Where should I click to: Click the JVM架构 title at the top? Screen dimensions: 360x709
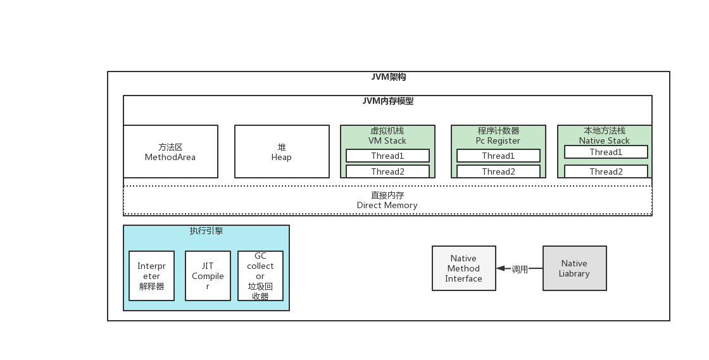pyautogui.click(x=388, y=77)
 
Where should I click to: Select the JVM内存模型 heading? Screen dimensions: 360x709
pyautogui.click(x=387, y=101)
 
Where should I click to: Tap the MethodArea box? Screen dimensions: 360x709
pyautogui.click(x=170, y=152)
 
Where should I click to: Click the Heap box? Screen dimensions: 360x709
pyautogui.click(x=282, y=152)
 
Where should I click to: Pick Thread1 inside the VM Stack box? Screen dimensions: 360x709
pyautogui.click(x=387, y=156)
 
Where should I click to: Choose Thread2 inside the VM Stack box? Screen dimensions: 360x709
pyautogui.click(x=387, y=171)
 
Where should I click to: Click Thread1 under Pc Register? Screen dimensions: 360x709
pyautogui.click(x=498, y=156)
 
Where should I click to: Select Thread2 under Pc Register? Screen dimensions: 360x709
pyautogui.click(x=498, y=171)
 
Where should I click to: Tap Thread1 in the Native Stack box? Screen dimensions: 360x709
pyautogui.click(x=606, y=152)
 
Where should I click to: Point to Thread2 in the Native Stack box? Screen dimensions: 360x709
pyautogui.click(x=606, y=171)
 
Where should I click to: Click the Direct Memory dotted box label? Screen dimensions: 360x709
pyautogui.click(x=387, y=201)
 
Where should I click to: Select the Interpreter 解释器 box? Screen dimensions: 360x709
pyautogui.click(x=151, y=276)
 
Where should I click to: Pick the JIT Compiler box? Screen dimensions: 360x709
pyautogui.click(x=208, y=276)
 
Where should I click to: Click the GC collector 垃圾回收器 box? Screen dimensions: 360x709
pyautogui.click(x=260, y=276)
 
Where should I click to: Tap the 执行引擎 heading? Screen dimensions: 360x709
pyautogui.click(x=206, y=231)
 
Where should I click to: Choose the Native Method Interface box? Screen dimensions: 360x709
pyautogui.click(x=463, y=268)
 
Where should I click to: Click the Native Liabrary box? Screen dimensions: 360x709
pyautogui.click(x=574, y=268)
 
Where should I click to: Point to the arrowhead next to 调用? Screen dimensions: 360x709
pyautogui.click(x=501, y=268)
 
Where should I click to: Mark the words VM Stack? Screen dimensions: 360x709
pyautogui.click(x=387, y=140)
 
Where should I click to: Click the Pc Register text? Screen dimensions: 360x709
pyautogui.click(x=498, y=140)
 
